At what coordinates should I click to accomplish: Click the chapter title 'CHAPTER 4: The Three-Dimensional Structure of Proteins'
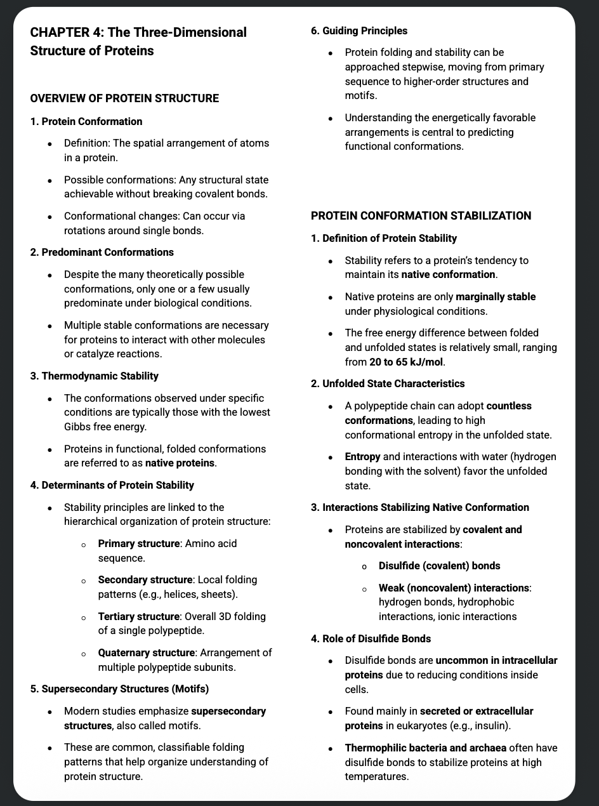tap(138, 41)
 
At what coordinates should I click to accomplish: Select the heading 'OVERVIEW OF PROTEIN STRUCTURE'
tap(124, 98)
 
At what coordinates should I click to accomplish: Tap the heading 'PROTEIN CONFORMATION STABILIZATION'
tap(421, 216)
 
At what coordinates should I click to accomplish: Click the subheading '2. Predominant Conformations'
tap(102, 252)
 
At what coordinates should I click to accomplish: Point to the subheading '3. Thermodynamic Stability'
tap(95, 376)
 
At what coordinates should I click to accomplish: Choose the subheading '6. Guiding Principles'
tap(359, 30)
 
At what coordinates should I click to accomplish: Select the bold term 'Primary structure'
tap(138, 544)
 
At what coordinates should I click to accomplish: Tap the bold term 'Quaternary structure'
tap(146, 652)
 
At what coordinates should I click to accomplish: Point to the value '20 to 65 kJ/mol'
tap(407, 362)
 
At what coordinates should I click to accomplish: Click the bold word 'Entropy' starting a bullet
tap(362, 456)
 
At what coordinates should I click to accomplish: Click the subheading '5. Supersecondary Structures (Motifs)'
tap(120, 689)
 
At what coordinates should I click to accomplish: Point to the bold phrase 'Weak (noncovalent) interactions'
tap(454, 588)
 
